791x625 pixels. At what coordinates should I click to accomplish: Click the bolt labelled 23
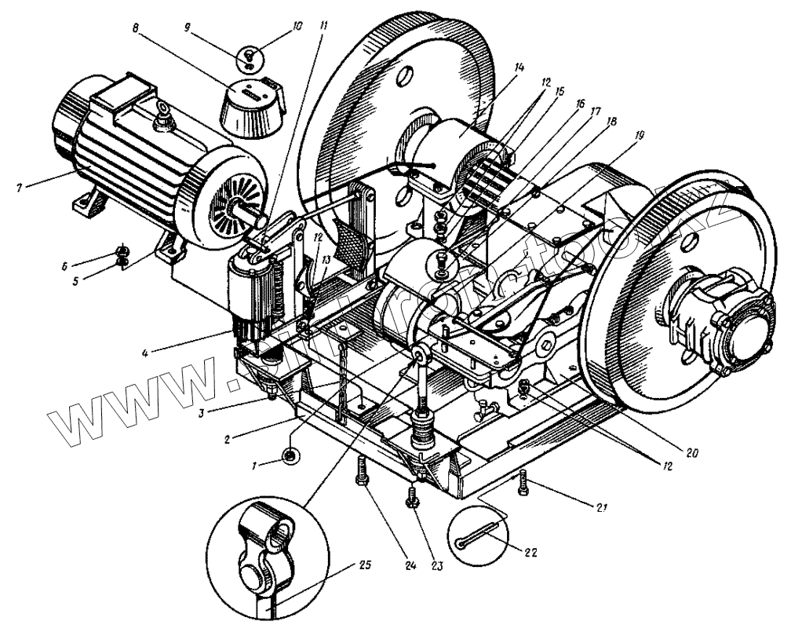click(x=410, y=497)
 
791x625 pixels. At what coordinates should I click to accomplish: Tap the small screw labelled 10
click(x=249, y=57)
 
